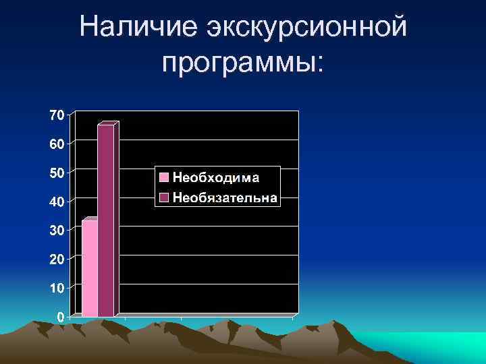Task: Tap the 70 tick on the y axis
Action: (57, 115)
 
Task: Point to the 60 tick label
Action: (57, 144)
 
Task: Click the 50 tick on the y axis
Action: (57, 173)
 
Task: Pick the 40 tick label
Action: (57, 202)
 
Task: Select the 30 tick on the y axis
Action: (57, 231)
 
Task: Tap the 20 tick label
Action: (57, 260)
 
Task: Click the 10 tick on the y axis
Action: (57, 289)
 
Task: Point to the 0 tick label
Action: (60, 317)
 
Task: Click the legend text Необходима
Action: (216, 177)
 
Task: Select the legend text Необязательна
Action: (225, 198)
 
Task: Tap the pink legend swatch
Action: (164, 177)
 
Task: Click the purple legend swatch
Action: (164, 198)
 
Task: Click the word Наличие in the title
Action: (134, 28)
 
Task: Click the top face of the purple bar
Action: (108, 123)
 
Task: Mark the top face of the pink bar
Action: (90, 219)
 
